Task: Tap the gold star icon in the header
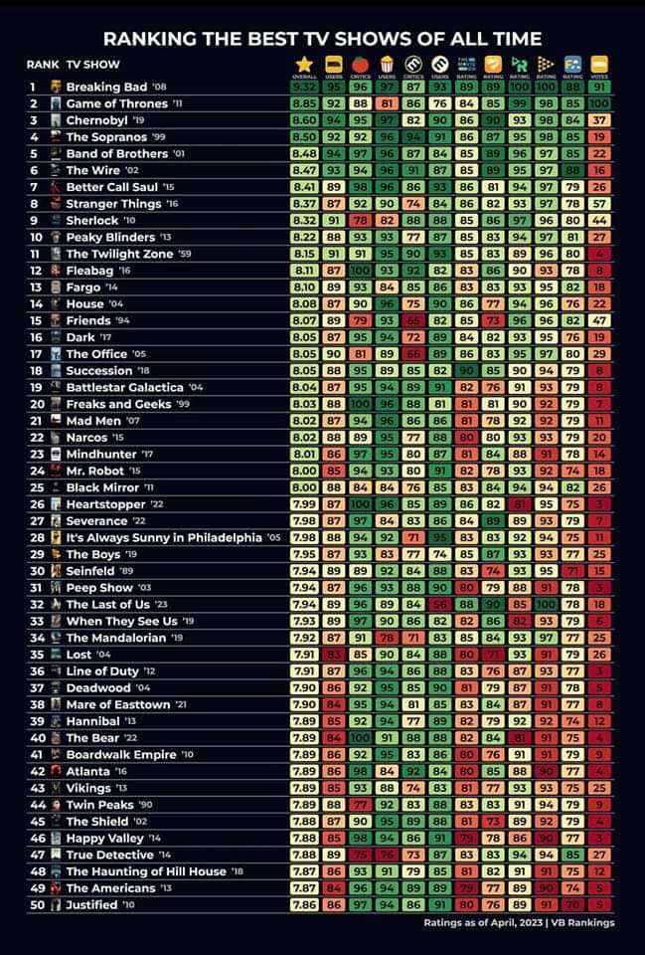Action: click(303, 64)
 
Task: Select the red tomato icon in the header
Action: click(359, 64)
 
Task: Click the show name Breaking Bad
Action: click(106, 87)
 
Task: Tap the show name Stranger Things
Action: click(114, 203)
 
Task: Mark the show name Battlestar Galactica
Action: click(124, 387)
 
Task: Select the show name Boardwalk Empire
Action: click(120, 754)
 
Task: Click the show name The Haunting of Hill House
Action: click(146, 871)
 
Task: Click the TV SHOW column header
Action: click(93, 65)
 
